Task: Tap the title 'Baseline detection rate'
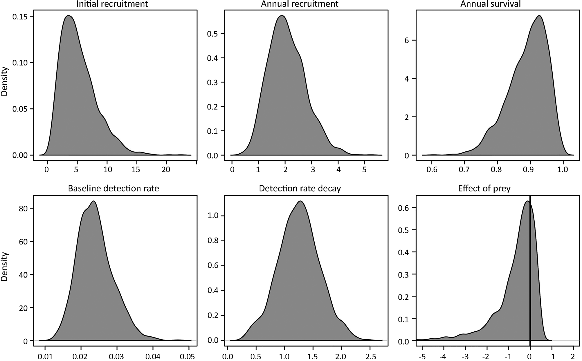coord(113,188)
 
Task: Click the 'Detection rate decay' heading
coord(300,188)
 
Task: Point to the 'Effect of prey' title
coord(484,188)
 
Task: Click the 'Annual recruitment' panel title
coord(300,4)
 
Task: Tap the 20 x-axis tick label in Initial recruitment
coord(166,169)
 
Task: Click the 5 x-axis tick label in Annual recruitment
coord(365,169)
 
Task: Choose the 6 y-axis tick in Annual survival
coord(406,40)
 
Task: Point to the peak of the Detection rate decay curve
coord(300,201)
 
